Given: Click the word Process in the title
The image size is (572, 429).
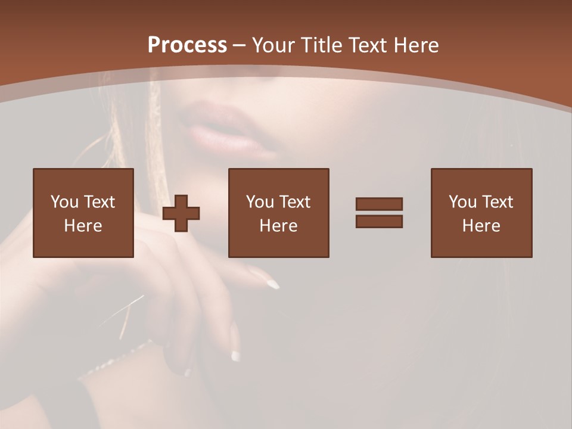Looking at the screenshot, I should (187, 45).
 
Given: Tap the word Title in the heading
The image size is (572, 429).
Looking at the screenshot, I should (321, 45).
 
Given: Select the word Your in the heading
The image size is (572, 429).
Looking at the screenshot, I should (273, 45).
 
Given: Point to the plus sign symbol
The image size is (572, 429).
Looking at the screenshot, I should (181, 213).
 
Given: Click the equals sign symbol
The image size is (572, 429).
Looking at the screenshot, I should (379, 213).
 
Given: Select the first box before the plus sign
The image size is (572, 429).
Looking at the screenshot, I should (83, 213).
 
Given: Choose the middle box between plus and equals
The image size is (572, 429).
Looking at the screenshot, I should (279, 213).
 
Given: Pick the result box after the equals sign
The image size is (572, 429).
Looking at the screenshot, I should (481, 213).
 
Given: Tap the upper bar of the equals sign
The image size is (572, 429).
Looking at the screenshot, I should (379, 204).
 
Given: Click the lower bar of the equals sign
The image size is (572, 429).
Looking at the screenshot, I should (379, 221).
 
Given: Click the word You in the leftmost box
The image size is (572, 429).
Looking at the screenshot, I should (64, 202).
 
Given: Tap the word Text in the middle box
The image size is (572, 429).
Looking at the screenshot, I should (295, 202).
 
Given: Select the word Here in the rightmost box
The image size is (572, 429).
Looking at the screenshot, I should (481, 226).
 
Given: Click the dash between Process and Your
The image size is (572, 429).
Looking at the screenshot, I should (239, 45).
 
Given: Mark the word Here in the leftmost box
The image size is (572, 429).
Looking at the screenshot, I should (83, 226).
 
